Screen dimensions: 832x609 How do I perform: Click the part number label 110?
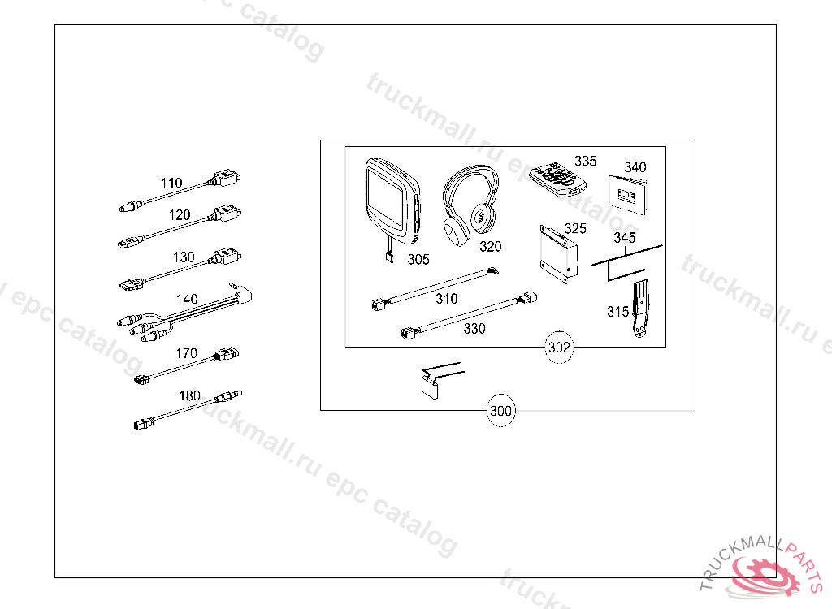[x=171, y=183]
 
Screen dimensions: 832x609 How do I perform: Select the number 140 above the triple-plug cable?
[x=187, y=299]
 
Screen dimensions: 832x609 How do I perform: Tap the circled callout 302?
[x=559, y=348]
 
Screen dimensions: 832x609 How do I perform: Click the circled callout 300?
[x=500, y=411]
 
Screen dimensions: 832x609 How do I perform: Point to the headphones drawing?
[x=470, y=205]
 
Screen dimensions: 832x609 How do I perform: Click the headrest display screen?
[x=392, y=201]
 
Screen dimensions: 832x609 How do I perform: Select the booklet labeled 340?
[x=627, y=195]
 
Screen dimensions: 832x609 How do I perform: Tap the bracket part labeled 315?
[x=640, y=309]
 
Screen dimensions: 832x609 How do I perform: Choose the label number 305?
[x=418, y=259]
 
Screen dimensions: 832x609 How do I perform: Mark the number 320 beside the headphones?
[x=490, y=247]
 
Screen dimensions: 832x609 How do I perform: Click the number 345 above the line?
[x=625, y=237]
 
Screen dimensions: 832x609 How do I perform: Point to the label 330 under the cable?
[x=474, y=329]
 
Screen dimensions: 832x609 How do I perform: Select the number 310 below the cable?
[x=447, y=299]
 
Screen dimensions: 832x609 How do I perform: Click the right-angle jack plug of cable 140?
[x=242, y=293]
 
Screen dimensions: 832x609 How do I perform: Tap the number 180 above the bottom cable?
[x=189, y=395]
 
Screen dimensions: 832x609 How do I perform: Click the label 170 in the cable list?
[x=187, y=353]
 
